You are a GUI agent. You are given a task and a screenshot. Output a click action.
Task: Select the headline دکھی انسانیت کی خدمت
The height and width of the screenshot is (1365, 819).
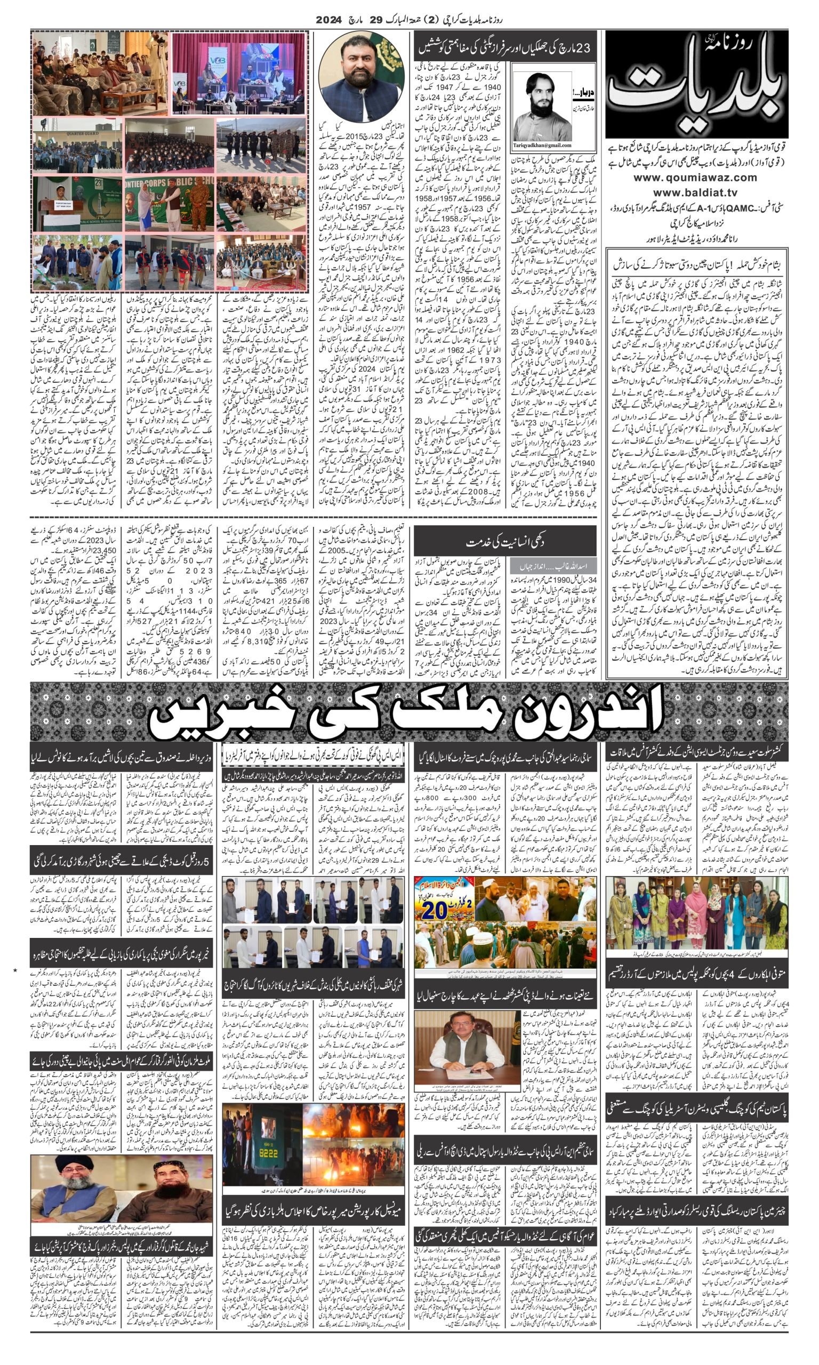pos(505,542)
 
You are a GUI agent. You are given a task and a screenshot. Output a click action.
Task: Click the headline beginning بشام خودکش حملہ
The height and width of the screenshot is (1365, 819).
pos(696,265)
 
